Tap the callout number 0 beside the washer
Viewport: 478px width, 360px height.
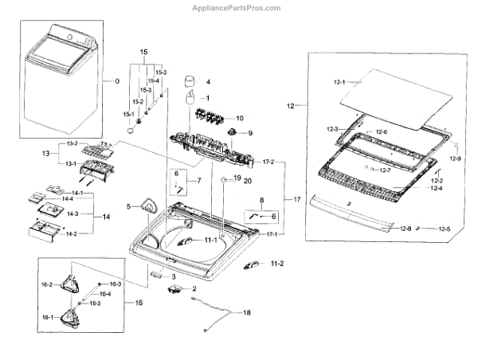[x=116, y=81]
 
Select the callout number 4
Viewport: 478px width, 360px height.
[x=208, y=82]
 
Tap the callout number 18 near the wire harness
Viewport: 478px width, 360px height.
[x=246, y=313]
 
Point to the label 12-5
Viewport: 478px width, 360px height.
[x=443, y=229]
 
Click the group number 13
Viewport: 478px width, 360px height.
[x=46, y=154]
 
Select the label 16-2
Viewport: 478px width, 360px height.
[x=46, y=284]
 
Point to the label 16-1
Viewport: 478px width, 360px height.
[x=46, y=317]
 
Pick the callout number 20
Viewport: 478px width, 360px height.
[x=247, y=181]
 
